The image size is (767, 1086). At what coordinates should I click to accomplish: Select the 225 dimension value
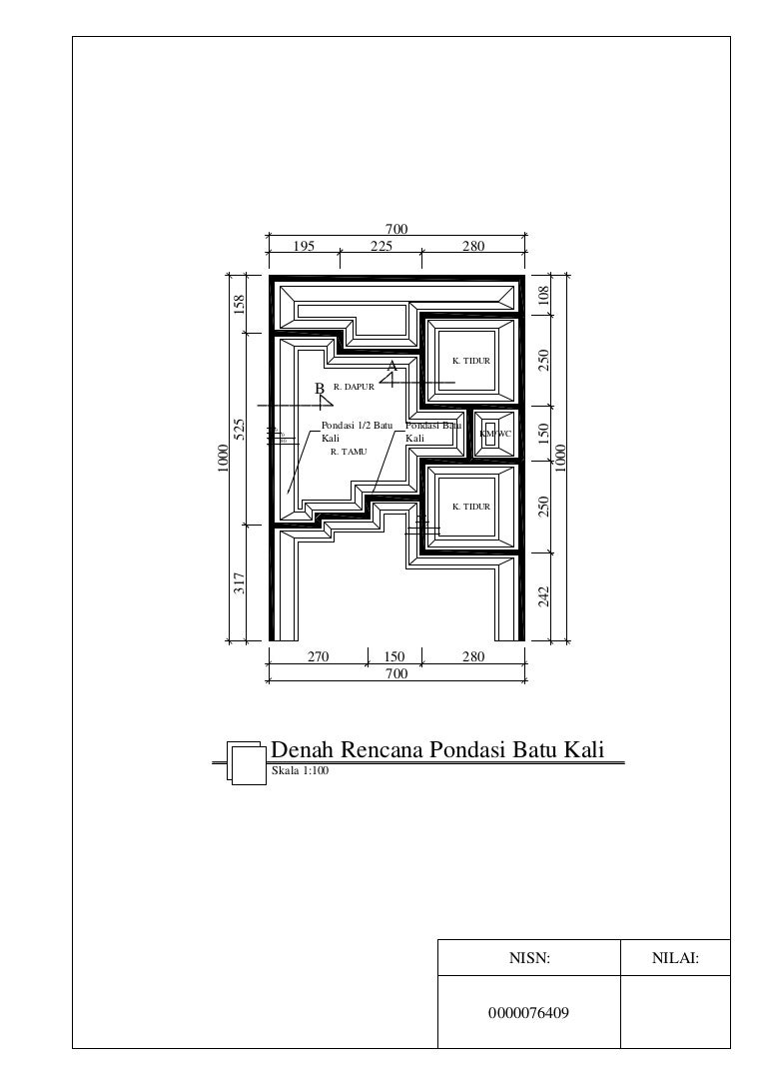(x=382, y=247)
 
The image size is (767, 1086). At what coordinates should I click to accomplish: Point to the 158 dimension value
(x=239, y=304)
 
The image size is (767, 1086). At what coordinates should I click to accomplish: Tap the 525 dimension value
(x=239, y=431)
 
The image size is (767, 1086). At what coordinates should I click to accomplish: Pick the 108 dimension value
(x=543, y=295)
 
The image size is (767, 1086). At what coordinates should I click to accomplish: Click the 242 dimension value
(x=543, y=595)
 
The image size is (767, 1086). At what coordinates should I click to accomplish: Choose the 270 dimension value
(x=318, y=657)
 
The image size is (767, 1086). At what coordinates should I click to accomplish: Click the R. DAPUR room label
(x=354, y=386)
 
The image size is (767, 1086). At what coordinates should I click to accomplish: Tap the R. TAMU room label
(x=349, y=452)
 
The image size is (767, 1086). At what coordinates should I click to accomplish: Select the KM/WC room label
(x=494, y=434)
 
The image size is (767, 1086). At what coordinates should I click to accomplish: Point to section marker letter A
(x=392, y=367)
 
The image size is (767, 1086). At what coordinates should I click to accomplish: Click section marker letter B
(x=320, y=387)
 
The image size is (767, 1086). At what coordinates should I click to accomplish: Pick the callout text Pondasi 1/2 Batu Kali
(x=358, y=432)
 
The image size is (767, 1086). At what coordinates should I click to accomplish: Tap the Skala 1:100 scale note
(x=300, y=772)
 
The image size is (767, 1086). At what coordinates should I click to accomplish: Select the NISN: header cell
(x=529, y=959)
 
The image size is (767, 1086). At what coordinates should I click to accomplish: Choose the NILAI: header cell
(x=675, y=959)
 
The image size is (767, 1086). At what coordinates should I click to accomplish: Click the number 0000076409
(x=529, y=1012)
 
